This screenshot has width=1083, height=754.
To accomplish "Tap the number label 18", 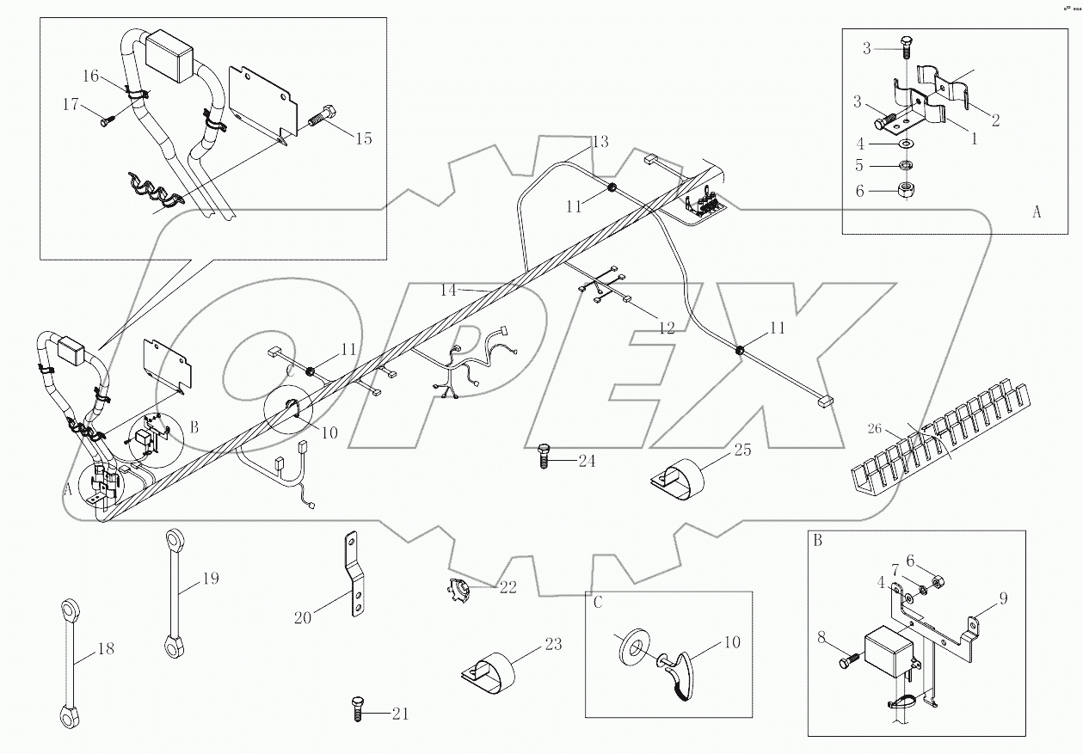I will coord(105,649).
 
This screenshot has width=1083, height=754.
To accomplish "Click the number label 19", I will coord(209,579).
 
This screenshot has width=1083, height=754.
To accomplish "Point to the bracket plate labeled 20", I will coord(353,574).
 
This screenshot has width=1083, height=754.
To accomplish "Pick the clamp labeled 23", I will coord(491,672).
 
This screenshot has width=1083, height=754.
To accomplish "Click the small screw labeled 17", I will coord(108,122).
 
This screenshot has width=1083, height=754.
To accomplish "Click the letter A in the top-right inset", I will coord(1036,211).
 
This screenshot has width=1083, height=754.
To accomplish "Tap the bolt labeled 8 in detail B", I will coord(848,662).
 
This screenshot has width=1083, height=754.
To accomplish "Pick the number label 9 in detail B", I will coord(1003,598).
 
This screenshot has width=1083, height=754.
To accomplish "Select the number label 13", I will coord(600,140).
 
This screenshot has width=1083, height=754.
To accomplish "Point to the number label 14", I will coord(449,290).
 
